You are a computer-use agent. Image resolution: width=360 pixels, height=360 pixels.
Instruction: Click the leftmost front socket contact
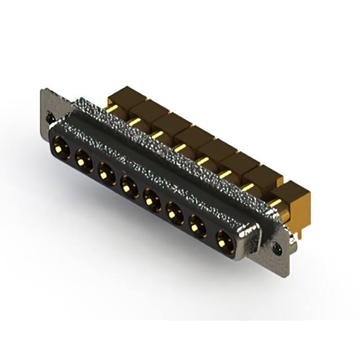click(x=61, y=150)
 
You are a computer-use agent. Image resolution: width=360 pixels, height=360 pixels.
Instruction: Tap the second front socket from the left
click(x=84, y=160)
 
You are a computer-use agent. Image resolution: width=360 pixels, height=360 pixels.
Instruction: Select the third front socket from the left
click(x=106, y=172)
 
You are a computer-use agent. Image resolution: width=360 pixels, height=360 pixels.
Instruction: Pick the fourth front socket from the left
click(x=129, y=183)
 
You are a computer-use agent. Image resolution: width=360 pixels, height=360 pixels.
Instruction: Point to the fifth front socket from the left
click(x=151, y=197)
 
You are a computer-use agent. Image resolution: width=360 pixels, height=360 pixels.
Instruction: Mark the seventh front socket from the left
click(x=197, y=225)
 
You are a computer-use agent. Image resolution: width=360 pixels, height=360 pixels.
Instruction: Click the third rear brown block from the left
click(x=168, y=124)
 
